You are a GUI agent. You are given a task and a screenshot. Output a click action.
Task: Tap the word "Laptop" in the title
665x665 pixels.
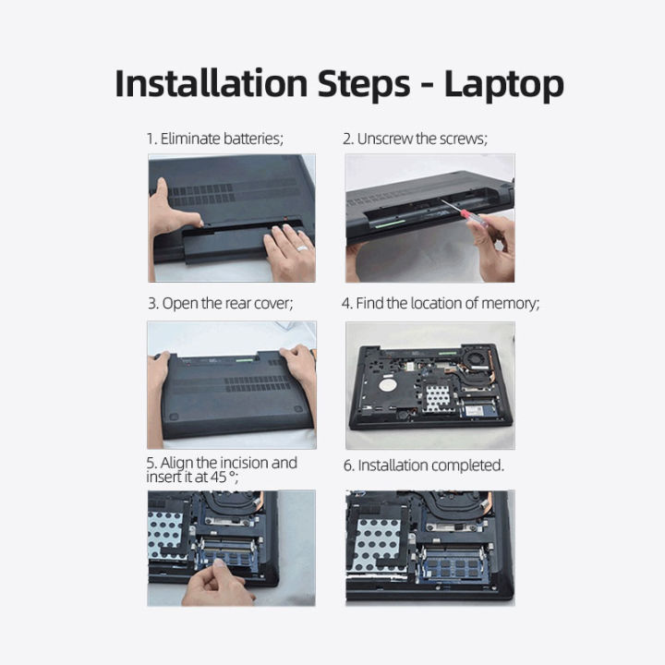tap(503, 84)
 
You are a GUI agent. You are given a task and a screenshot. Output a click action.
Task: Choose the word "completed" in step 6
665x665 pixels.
tap(466, 465)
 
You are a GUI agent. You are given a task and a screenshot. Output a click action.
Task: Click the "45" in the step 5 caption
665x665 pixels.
tap(219, 477)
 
